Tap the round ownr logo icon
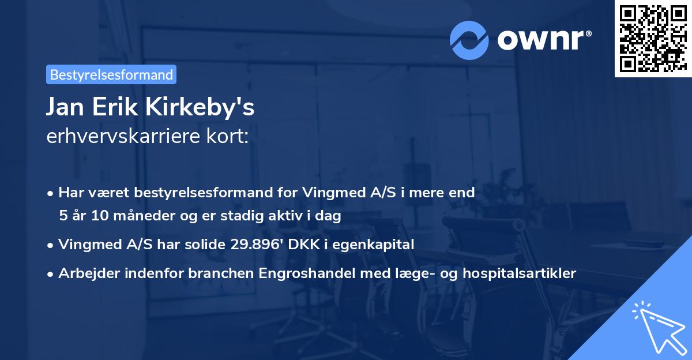point(469,40)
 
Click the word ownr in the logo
point(543,40)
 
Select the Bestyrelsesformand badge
point(111,74)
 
